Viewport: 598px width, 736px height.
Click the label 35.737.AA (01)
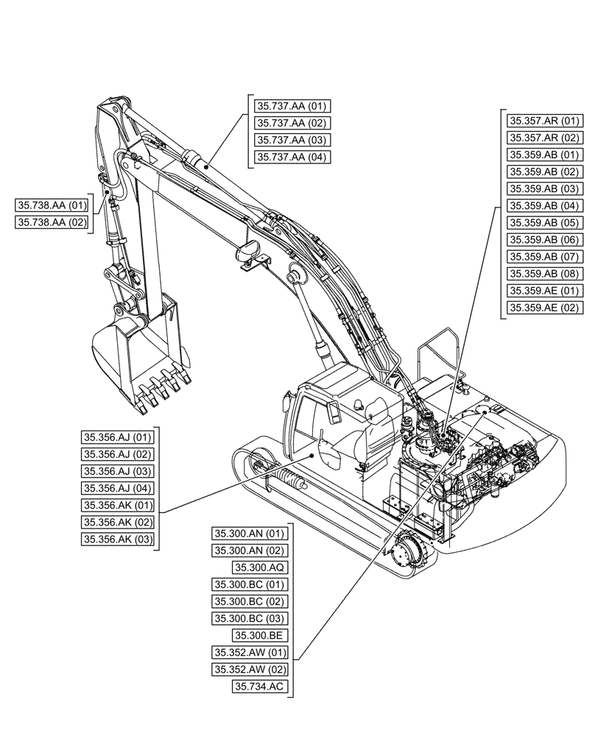tap(292, 106)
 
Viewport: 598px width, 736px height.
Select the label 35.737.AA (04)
tap(292, 157)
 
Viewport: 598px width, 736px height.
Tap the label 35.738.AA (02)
tap(52, 222)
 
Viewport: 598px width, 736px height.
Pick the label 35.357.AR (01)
tap(544, 121)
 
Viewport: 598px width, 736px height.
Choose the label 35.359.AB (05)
tap(544, 222)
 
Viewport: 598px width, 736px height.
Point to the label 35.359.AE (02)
tap(544, 308)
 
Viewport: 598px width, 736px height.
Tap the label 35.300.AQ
tap(260, 567)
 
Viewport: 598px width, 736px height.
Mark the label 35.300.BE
tap(260, 635)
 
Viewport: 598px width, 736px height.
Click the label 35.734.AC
tap(260, 686)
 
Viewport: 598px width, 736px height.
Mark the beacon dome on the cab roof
tap(359, 404)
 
